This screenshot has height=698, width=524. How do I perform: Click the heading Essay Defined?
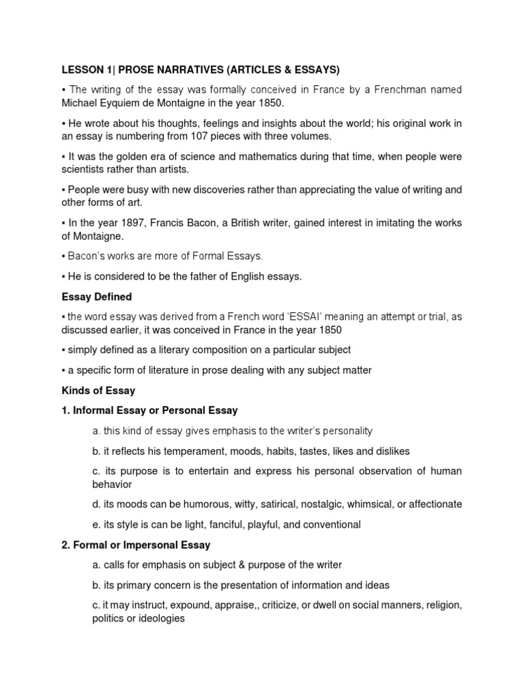tap(98, 297)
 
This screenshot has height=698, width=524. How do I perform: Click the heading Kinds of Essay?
tap(98, 391)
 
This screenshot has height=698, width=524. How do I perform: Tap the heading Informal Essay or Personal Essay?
tap(149, 410)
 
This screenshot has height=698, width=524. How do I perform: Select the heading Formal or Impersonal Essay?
tap(136, 545)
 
